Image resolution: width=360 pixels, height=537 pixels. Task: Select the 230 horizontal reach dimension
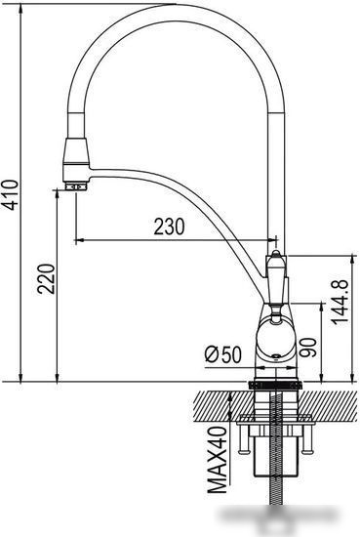pos(168,227)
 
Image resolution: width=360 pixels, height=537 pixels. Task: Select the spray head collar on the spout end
pos(75,153)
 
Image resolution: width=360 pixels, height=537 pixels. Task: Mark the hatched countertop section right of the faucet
pos(327,402)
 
